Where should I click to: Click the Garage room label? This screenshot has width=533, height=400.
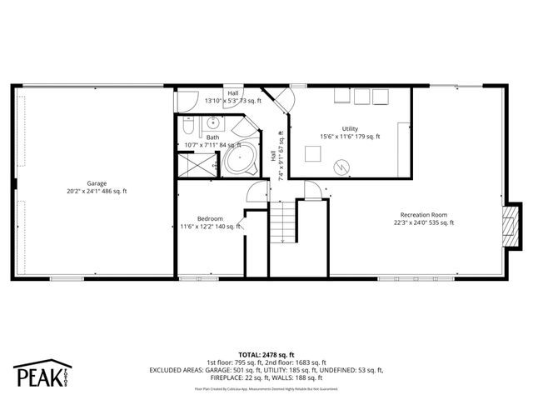pyautogui.click(x=97, y=183)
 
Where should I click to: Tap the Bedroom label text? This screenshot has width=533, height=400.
pyautogui.click(x=210, y=217)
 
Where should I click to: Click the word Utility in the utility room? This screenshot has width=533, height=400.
pyautogui.click(x=350, y=128)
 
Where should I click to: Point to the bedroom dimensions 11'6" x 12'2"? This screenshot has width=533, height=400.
pyautogui.click(x=210, y=226)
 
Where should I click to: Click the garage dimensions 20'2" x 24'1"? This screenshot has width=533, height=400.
pyautogui.click(x=97, y=192)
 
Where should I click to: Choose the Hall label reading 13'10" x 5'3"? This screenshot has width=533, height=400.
pyautogui.click(x=233, y=100)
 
